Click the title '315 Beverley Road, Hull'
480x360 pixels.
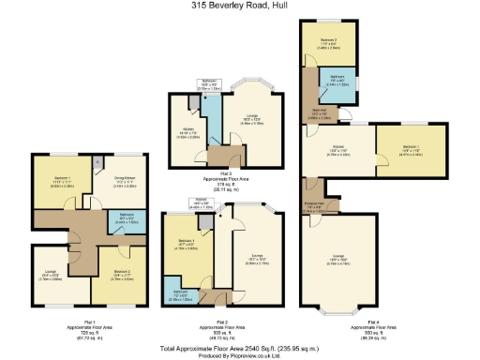tap(239, 7)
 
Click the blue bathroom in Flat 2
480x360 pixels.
tap(175, 286)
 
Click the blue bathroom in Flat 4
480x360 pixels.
tap(338, 80)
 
